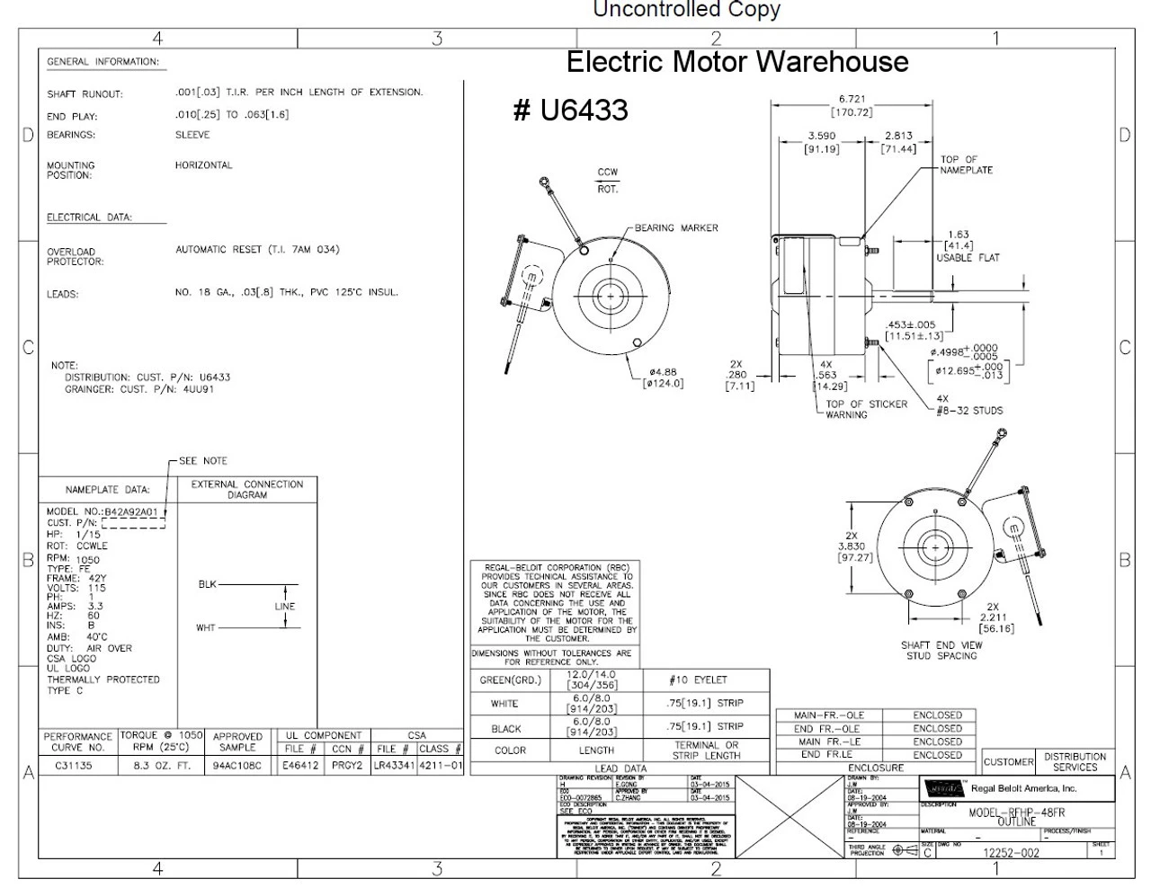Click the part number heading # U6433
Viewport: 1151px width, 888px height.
coord(570,111)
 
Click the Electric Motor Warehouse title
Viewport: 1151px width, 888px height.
coord(737,62)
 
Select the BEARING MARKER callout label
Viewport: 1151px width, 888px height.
coord(676,228)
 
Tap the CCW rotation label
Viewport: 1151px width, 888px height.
coord(608,173)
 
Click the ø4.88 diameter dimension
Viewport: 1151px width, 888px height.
coord(663,371)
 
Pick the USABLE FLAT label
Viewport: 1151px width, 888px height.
coord(968,258)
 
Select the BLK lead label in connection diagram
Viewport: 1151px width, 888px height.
coord(207,584)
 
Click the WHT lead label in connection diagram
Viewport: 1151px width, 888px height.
coord(206,627)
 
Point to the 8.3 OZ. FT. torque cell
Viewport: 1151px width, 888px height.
coord(162,767)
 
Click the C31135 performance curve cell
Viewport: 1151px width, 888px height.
coord(79,767)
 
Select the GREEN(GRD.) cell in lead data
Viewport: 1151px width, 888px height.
coord(509,680)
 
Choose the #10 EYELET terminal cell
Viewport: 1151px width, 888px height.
coord(699,680)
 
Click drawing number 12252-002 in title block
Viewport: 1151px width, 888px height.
coord(1012,853)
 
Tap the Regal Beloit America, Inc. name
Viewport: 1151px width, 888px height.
coord(1023,789)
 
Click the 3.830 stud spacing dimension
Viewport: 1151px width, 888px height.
coord(852,546)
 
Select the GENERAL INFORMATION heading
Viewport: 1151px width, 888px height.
coord(103,62)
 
